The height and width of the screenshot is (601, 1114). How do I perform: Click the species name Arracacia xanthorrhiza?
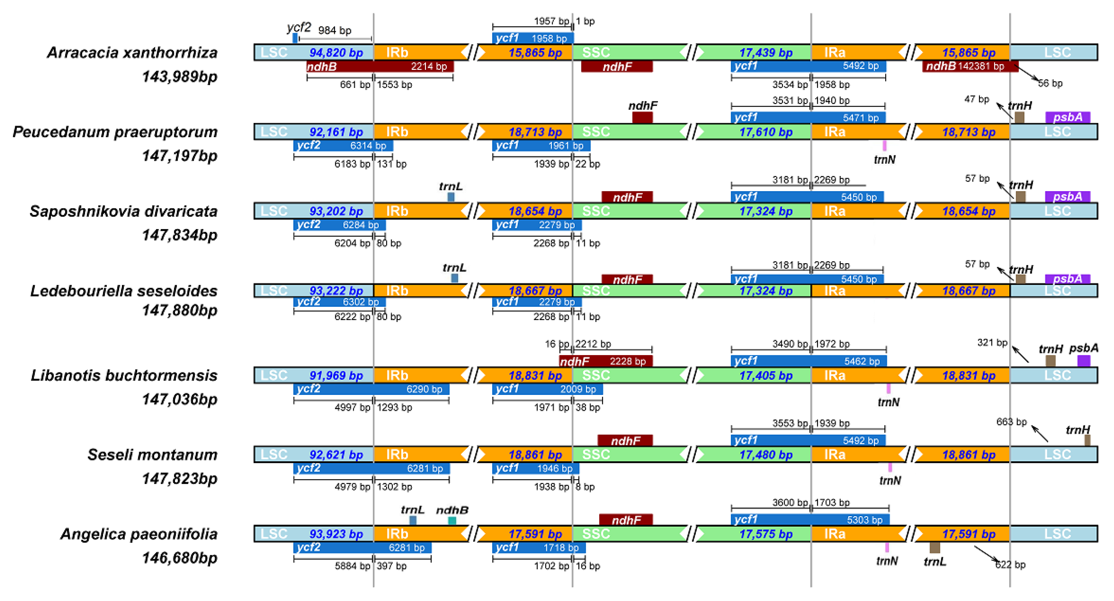pyautogui.click(x=132, y=53)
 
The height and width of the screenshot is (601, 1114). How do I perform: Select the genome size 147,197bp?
pyautogui.click(x=179, y=156)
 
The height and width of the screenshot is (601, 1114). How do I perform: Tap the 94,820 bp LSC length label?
pyautogui.click(x=336, y=53)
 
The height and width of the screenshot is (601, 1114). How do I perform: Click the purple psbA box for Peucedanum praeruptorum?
pyautogui.click(x=1067, y=117)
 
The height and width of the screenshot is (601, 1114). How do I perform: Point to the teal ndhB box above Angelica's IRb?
pyautogui.click(x=452, y=521)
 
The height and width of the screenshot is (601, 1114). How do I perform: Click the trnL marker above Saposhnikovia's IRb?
pyautogui.click(x=451, y=197)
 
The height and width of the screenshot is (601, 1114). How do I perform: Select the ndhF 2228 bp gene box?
pyautogui.click(x=605, y=361)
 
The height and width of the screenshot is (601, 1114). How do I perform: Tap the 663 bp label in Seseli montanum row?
pyautogui.click(x=1011, y=422)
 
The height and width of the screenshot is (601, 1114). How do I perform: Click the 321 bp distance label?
pyautogui.click(x=992, y=343)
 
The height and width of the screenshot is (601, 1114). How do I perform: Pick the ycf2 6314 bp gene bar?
pyautogui.click(x=343, y=146)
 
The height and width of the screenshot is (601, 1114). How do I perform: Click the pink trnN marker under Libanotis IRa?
pyautogui.click(x=888, y=389)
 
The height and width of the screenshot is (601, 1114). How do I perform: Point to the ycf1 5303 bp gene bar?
pyautogui.click(x=810, y=520)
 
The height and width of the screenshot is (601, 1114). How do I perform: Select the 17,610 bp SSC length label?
pyautogui.click(x=765, y=132)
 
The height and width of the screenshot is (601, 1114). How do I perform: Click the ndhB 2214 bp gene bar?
pyautogui.click(x=380, y=67)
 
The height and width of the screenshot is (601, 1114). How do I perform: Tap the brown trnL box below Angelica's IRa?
pyautogui.click(x=935, y=548)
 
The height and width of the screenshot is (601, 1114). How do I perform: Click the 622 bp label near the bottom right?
pyautogui.click(x=1010, y=565)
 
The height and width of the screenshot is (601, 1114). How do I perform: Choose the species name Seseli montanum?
pyautogui.click(x=152, y=455)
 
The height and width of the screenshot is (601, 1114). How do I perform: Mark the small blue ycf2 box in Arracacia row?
pyautogui.click(x=295, y=38)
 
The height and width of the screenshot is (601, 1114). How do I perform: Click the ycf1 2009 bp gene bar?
pyautogui.click(x=547, y=389)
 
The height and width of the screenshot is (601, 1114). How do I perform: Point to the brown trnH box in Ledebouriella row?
pyautogui.click(x=1020, y=279)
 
